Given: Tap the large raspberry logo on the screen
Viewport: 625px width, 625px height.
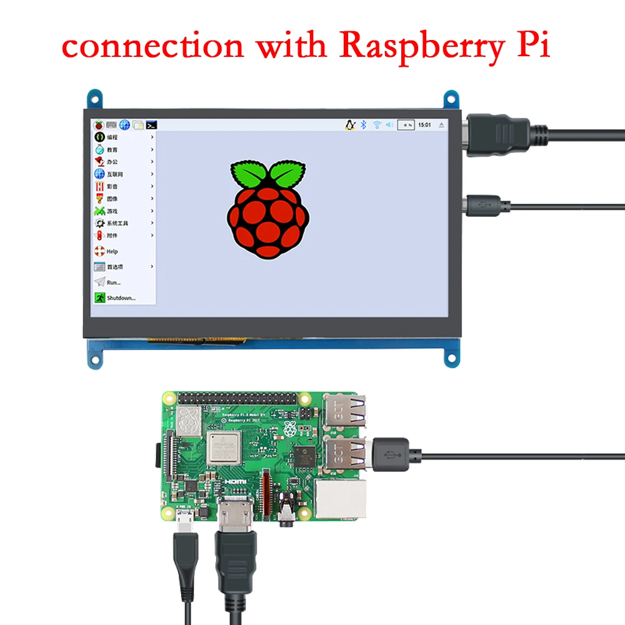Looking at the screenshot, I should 268,209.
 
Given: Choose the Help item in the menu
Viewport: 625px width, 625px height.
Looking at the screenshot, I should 111,251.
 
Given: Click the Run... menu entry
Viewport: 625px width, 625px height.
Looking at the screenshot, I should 112,282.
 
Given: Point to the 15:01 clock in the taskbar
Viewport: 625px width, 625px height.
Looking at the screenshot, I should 424,125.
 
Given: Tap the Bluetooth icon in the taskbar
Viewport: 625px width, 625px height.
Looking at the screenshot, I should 362,125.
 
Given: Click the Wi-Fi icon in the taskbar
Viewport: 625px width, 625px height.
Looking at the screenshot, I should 376,125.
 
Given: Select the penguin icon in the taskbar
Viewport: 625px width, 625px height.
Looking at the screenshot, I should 349,125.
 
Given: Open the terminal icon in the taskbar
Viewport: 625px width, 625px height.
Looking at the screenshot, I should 151,125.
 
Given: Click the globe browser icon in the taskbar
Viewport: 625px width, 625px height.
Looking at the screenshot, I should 125,125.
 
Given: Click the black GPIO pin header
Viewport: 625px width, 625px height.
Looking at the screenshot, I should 237,399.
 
